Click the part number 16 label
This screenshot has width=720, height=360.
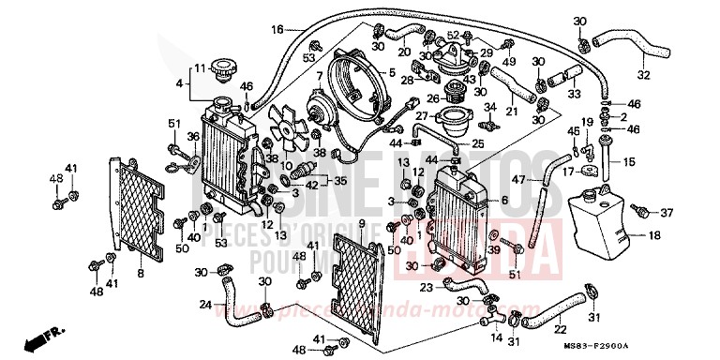coord(277,30)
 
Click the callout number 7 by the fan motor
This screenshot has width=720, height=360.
coord(319,75)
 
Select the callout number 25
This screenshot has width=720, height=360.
coord(477,144)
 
